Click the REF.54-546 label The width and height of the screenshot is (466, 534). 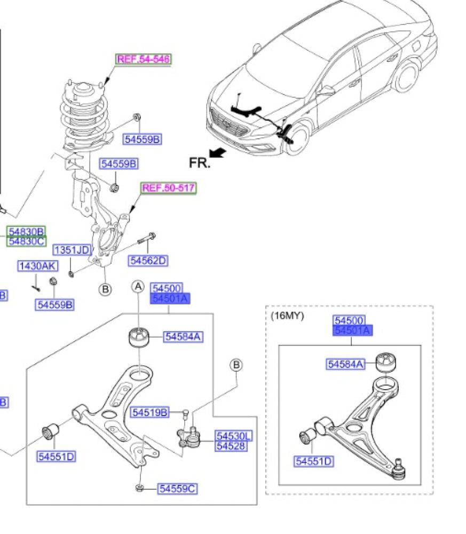tap(144, 59)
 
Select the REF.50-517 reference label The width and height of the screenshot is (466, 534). tap(168, 188)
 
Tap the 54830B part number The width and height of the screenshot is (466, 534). tap(26, 232)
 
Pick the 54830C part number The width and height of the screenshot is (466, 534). tap(26, 241)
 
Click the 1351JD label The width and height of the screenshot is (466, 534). tap(72, 250)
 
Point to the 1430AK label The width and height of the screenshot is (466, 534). tap(38, 266)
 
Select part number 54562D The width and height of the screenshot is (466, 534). tap(148, 261)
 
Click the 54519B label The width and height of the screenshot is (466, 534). tap(150, 412)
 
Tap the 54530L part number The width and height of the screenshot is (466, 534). tap(234, 436)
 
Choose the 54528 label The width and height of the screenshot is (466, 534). tap(231, 445)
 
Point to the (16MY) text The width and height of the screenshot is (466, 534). tap(287, 316)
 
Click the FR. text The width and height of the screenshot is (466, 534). tap(200, 163)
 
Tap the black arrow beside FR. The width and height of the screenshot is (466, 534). tap(217, 154)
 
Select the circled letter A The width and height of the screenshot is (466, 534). tap(138, 287)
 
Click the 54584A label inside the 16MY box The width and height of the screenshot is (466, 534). tap(345, 364)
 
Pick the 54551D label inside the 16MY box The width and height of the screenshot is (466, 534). tap(313, 461)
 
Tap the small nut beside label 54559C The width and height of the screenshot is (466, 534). tap(139, 487)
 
